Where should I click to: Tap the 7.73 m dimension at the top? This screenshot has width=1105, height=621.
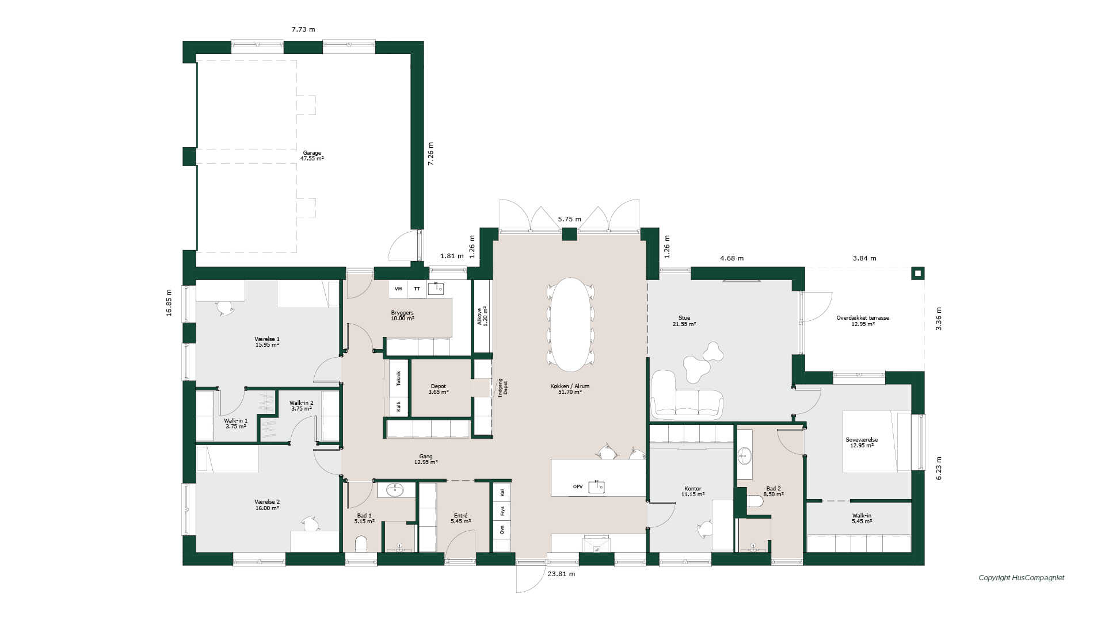[x=303, y=29]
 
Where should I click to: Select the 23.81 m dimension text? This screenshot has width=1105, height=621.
[x=561, y=574]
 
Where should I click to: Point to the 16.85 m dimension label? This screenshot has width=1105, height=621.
[x=169, y=302]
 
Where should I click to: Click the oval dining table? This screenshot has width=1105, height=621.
[x=570, y=324]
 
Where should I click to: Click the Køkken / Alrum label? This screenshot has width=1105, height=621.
[x=570, y=386]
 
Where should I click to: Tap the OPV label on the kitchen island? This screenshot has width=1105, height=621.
[x=578, y=486]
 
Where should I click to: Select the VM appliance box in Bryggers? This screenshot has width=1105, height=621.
[x=398, y=289]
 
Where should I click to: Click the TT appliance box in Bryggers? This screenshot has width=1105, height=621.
[x=417, y=289]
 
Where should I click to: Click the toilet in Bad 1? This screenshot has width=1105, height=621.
[x=361, y=544]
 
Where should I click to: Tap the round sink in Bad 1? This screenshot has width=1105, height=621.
[x=395, y=490]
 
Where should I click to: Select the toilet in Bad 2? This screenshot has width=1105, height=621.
[x=755, y=501]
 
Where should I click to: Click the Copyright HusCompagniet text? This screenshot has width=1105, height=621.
[x=1022, y=578]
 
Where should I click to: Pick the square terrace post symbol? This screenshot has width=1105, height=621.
[x=919, y=273]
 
